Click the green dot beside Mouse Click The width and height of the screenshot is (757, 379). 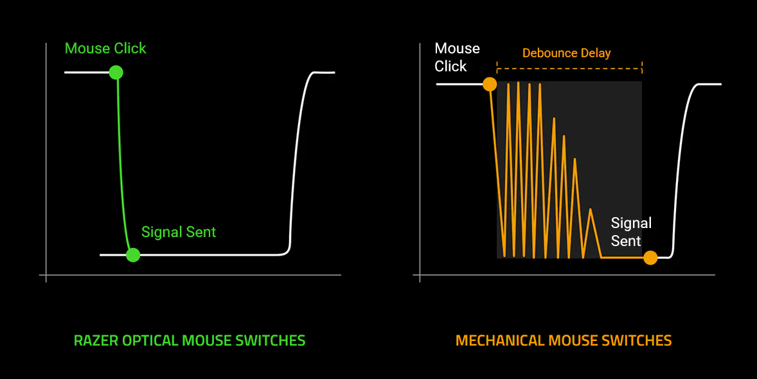pos(116,72)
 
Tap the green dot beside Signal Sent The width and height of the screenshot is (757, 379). pos(133,255)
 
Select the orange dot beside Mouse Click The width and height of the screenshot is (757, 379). pos(490,84)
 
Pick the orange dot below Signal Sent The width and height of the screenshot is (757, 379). pos(650,258)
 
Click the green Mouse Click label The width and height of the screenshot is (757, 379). pos(105,48)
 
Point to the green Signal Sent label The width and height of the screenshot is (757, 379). pos(179,232)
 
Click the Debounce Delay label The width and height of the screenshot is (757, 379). pos(566,53)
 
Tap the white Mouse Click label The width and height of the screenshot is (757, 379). pos(457,57)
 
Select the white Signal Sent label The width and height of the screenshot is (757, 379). pos(630,232)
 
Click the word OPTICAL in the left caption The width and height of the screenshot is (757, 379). pos(145,340)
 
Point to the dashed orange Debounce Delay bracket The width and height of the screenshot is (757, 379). pos(569,67)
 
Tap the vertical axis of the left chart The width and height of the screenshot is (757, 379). pos(46,161)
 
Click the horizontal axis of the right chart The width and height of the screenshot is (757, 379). pos(566,276)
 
